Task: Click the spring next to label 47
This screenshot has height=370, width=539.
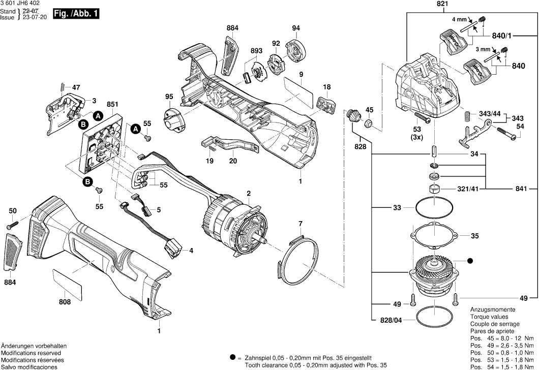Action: tap(62, 87)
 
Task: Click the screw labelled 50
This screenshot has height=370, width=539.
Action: tap(13, 224)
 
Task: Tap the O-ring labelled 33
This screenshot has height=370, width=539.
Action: tap(435, 207)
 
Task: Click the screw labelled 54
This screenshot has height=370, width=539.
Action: tap(506, 136)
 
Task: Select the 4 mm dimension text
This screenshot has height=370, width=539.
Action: tap(459, 19)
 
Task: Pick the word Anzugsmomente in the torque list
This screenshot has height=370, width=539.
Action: tap(492, 310)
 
